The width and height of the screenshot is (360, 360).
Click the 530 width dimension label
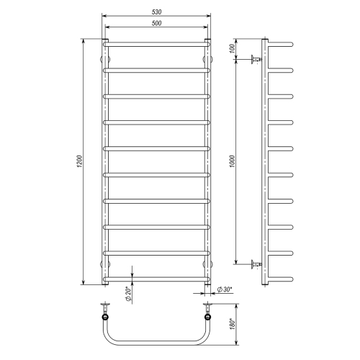(x=156, y=12)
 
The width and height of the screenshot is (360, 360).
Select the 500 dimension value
(x=156, y=23)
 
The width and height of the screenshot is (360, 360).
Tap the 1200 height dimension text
(x=80, y=161)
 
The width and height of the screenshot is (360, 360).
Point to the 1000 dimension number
(x=233, y=161)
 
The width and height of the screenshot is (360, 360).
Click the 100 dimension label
(x=233, y=49)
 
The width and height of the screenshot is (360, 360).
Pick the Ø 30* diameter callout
(x=225, y=289)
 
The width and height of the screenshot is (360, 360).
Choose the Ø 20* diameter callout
(x=128, y=294)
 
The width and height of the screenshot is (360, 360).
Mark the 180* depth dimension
(x=233, y=324)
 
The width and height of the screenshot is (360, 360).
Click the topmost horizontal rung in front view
(x=157, y=45)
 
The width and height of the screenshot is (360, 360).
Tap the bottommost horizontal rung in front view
(x=157, y=279)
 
